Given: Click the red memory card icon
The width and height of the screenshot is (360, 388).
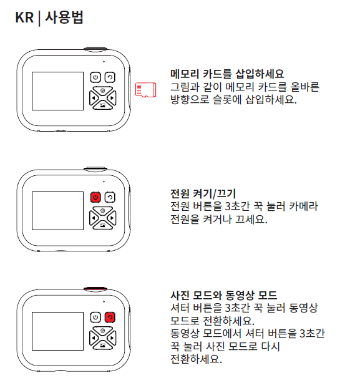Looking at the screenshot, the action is (145, 90).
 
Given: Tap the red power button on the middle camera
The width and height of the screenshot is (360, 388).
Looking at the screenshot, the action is (95, 198).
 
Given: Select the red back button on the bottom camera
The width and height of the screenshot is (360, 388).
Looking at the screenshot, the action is (110, 318).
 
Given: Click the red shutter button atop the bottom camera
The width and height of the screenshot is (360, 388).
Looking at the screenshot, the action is (95, 289).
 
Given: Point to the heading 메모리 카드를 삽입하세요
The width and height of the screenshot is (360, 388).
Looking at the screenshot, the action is (227, 74).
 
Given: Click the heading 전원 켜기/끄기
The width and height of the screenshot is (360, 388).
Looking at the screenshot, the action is (203, 193).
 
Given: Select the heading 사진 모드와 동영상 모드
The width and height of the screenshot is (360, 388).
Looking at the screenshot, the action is (223, 295).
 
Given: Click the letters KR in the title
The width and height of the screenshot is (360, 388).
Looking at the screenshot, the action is (24, 17).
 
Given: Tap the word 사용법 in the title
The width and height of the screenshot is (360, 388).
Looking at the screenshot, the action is (64, 17).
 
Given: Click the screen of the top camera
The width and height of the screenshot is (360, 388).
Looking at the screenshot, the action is (57, 91).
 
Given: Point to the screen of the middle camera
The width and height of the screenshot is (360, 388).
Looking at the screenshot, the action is (57, 211).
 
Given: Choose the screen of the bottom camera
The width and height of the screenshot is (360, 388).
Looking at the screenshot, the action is (57, 331).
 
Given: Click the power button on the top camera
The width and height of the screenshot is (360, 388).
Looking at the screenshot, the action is (95, 77).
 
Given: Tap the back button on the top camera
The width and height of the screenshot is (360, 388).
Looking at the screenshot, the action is (110, 77).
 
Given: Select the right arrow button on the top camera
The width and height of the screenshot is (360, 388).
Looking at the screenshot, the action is (112, 98).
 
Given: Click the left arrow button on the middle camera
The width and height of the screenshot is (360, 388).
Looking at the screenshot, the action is (94, 218).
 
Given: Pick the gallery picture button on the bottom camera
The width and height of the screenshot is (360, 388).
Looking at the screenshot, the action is (103, 345).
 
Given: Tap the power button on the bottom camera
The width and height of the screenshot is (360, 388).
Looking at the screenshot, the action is (95, 318).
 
